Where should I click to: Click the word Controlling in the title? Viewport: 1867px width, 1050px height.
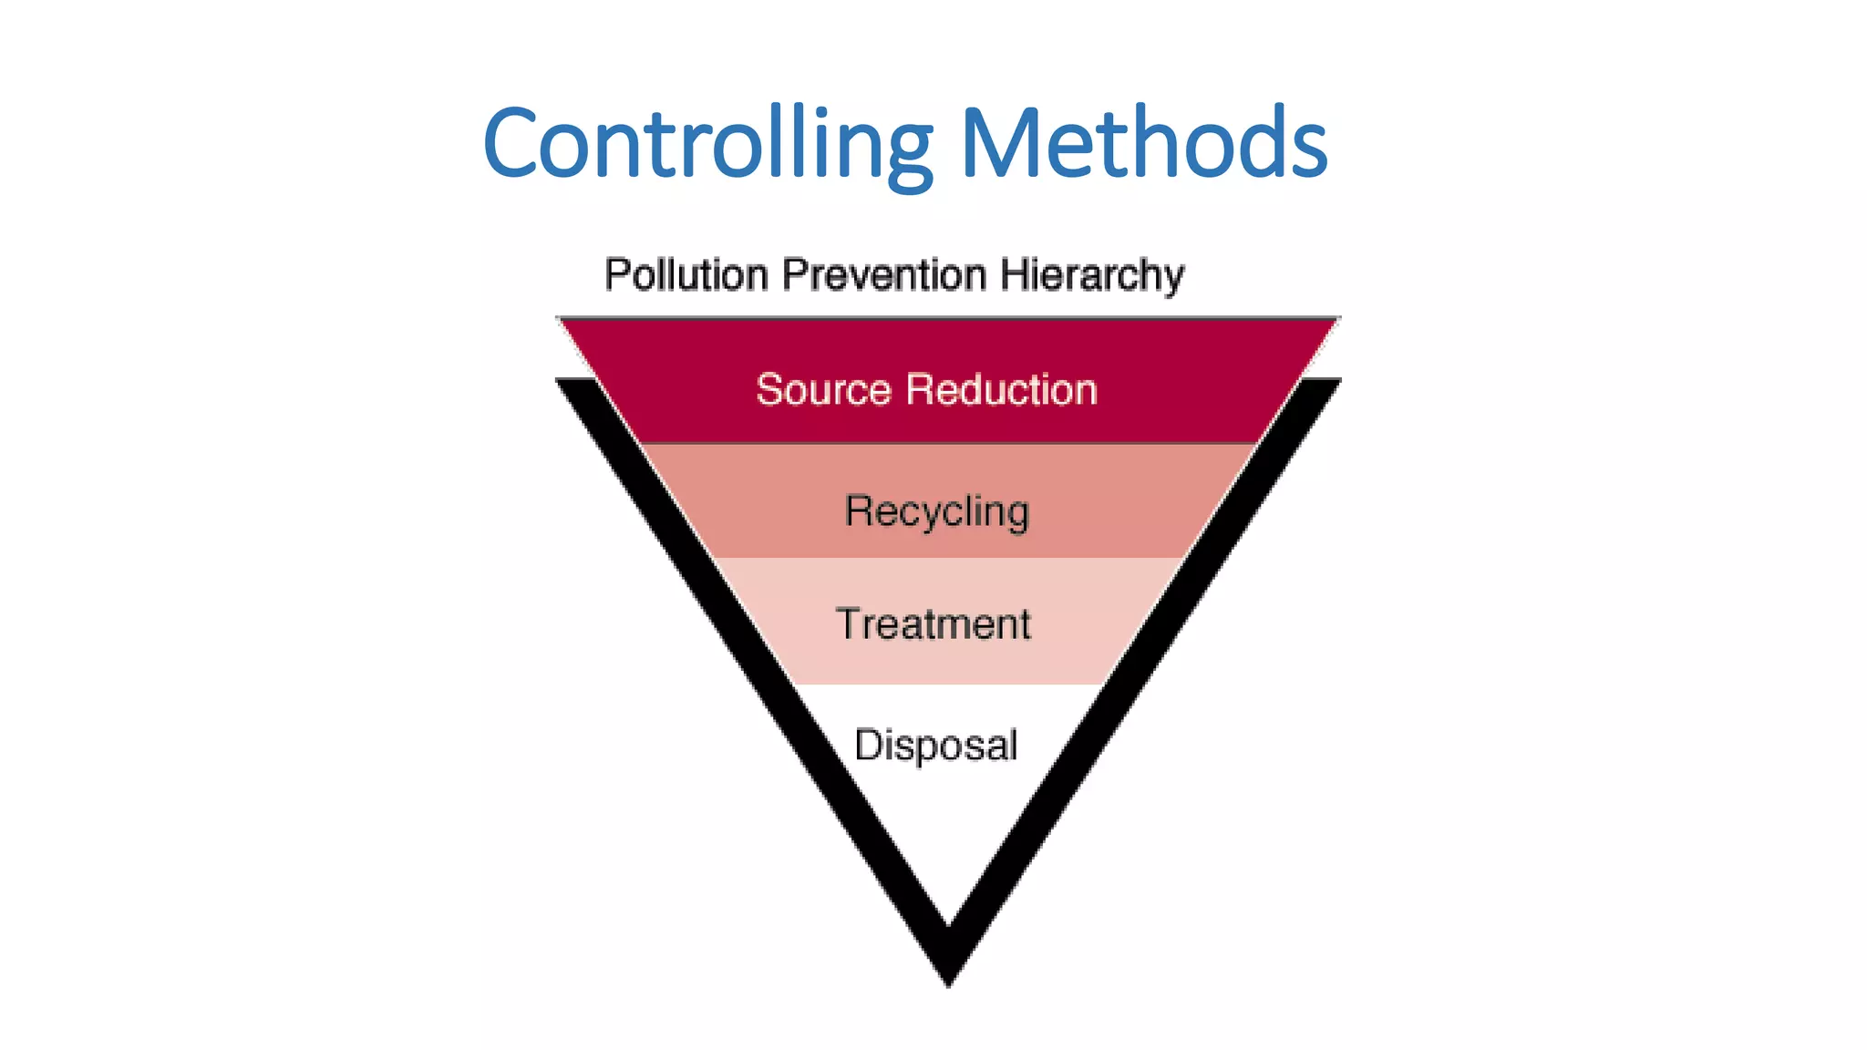click(707, 144)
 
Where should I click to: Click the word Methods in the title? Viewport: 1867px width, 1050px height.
click(1143, 144)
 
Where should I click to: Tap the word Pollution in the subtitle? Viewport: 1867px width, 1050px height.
click(686, 275)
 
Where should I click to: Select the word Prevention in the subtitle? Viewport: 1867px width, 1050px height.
click(884, 275)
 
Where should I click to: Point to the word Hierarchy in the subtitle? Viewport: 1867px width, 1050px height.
click(1091, 276)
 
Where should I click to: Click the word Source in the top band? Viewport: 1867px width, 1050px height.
click(823, 390)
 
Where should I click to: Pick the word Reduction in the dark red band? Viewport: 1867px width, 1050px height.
click(1002, 390)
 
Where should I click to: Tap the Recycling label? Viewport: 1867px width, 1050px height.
click(936, 512)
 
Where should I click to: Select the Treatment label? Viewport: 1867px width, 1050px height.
click(933, 625)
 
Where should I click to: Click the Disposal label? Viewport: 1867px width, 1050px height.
click(935, 746)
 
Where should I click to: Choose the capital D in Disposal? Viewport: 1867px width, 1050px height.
click(869, 745)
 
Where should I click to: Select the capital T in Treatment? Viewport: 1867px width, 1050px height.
click(849, 624)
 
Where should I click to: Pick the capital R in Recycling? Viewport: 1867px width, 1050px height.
click(859, 510)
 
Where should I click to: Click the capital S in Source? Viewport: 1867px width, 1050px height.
click(770, 390)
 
